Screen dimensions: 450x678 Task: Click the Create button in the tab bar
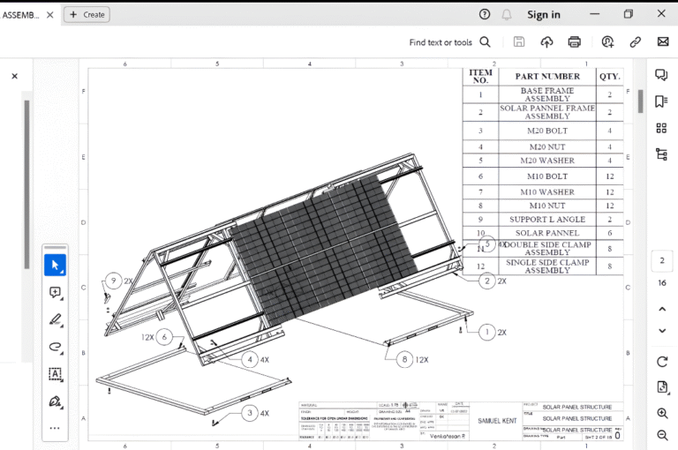[x=86, y=14]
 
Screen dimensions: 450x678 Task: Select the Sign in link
[x=543, y=14]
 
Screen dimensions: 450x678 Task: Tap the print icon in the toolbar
[x=575, y=41]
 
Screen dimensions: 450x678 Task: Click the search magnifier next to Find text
[x=485, y=41]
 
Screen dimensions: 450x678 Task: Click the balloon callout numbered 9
[x=112, y=281]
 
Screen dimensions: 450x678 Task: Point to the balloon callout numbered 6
[x=164, y=337]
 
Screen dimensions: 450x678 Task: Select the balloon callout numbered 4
[x=251, y=359]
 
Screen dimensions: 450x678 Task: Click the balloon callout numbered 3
[x=251, y=412]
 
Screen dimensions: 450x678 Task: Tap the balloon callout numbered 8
[x=404, y=359]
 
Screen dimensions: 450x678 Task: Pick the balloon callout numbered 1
[x=486, y=333]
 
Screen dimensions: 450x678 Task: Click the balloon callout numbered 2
[x=486, y=281]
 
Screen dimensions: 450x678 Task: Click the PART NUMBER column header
[x=547, y=77]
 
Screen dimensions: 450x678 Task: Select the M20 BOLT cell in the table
[x=547, y=131]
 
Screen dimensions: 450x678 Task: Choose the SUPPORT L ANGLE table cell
[x=547, y=219]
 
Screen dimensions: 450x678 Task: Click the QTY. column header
[x=609, y=77]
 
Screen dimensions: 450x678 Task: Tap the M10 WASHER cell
[x=547, y=191]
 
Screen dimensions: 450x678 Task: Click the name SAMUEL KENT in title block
[x=498, y=421]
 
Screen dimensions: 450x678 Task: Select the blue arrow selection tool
[x=55, y=265]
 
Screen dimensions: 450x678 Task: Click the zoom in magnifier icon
[x=662, y=413]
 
